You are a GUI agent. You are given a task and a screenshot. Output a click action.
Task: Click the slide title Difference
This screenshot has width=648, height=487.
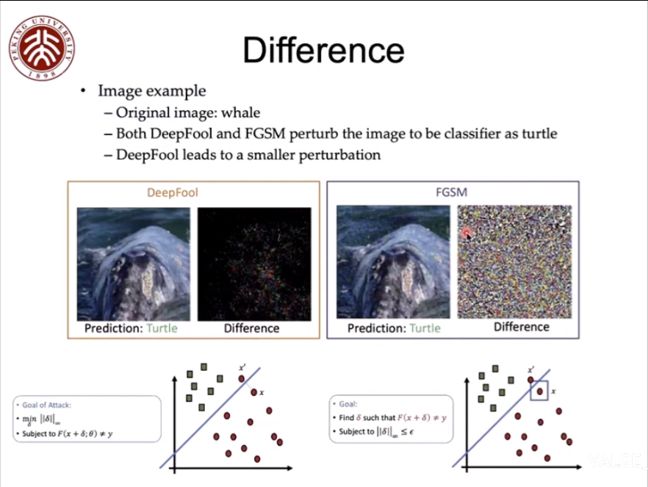coord(323,51)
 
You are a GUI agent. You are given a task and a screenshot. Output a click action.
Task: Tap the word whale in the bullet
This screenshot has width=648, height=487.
coord(240,113)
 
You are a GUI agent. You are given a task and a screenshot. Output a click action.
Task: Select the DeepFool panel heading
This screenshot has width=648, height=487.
coord(173,193)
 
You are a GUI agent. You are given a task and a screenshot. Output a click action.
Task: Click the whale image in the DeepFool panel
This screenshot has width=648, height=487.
coord(134,263)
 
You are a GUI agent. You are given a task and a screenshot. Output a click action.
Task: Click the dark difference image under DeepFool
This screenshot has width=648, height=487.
coord(254,263)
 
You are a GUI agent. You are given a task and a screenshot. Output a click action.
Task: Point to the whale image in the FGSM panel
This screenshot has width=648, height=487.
coord(393,261)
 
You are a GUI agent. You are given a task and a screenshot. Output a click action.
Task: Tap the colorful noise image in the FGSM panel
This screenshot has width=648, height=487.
coord(514,261)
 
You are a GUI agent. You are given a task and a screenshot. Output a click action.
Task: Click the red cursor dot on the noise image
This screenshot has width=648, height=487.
coord(467,234)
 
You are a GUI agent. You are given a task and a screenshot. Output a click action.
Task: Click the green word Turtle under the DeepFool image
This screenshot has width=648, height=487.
coord(162,328)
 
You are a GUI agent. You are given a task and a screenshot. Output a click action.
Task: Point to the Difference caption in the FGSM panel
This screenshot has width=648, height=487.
coord(521,327)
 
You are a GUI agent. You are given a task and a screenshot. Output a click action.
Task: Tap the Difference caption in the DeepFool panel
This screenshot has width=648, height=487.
coord(251,328)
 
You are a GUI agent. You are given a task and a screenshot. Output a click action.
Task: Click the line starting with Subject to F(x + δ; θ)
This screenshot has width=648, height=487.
coord(70,434)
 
